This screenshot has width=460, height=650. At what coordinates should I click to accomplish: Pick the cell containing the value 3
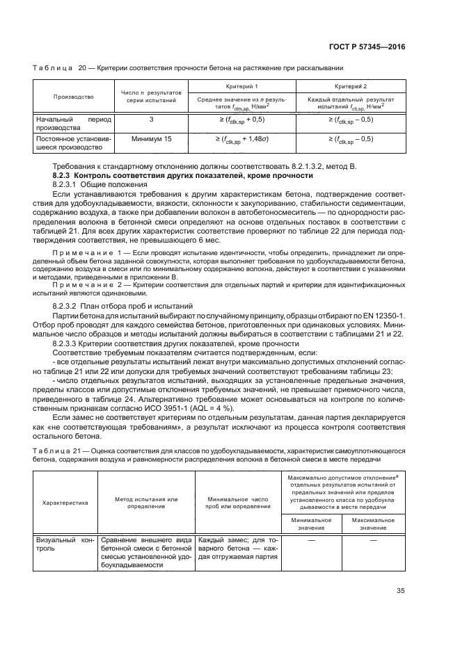[x=151, y=120]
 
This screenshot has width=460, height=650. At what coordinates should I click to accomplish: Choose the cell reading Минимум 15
[x=151, y=139]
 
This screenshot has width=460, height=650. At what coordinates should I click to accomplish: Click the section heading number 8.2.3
[x=64, y=177]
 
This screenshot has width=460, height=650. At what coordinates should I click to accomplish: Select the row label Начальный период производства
[x=74, y=124]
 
